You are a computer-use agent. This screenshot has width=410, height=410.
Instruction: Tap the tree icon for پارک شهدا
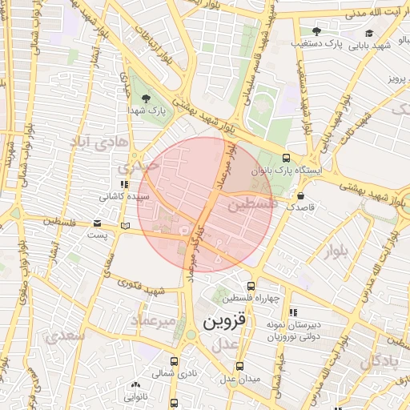(144, 98)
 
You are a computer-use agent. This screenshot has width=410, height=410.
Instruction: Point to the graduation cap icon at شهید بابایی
(369, 33)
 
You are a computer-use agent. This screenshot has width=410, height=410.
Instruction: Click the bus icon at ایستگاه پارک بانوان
(287, 158)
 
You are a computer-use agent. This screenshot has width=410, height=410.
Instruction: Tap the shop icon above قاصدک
(300, 195)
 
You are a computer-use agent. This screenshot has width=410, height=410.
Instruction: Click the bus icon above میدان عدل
(239, 365)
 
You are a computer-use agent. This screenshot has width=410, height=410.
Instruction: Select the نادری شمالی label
(175, 373)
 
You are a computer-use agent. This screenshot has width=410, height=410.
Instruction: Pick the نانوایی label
(135, 395)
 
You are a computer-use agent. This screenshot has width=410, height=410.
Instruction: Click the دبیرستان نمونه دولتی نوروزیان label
(293, 332)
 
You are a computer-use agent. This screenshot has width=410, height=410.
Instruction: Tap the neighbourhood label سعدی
(64, 336)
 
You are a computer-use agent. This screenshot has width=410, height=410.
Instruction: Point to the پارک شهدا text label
(145, 112)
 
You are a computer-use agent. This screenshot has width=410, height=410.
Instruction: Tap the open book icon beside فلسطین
(123, 226)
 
